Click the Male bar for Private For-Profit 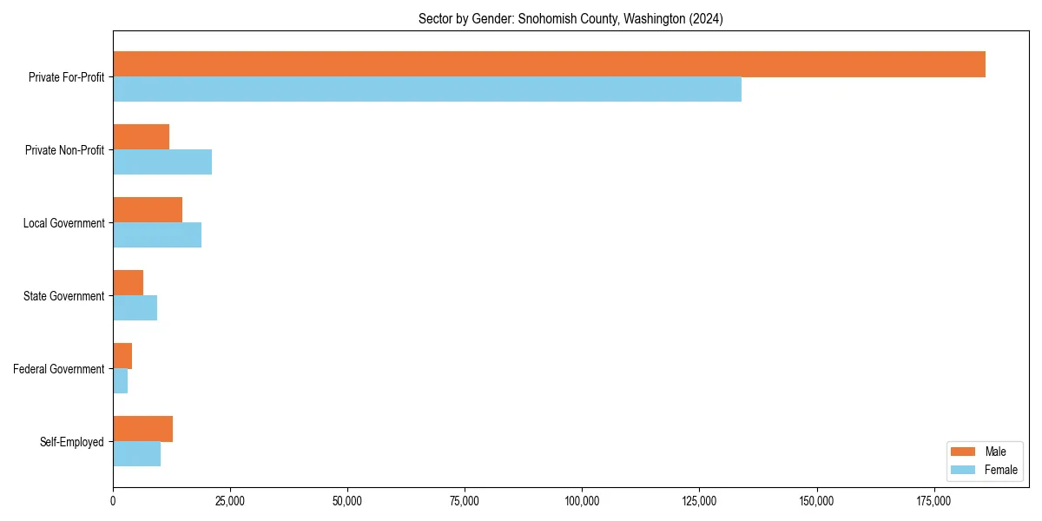[x=549, y=64]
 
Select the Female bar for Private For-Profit [x=427, y=89]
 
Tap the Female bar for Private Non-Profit [x=162, y=162]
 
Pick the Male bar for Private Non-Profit [x=141, y=137]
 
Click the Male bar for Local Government [x=148, y=210]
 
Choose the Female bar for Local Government [x=157, y=235]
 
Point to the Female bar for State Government [x=135, y=308]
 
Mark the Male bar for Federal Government [x=122, y=356]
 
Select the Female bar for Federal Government [x=120, y=381]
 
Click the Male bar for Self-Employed [x=142, y=429]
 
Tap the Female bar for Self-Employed [x=136, y=454]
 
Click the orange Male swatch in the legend [x=964, y=452]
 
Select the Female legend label [x=1000, y=470]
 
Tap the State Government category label [x=63, y=296]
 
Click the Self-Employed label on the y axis [x=72, y=442]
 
